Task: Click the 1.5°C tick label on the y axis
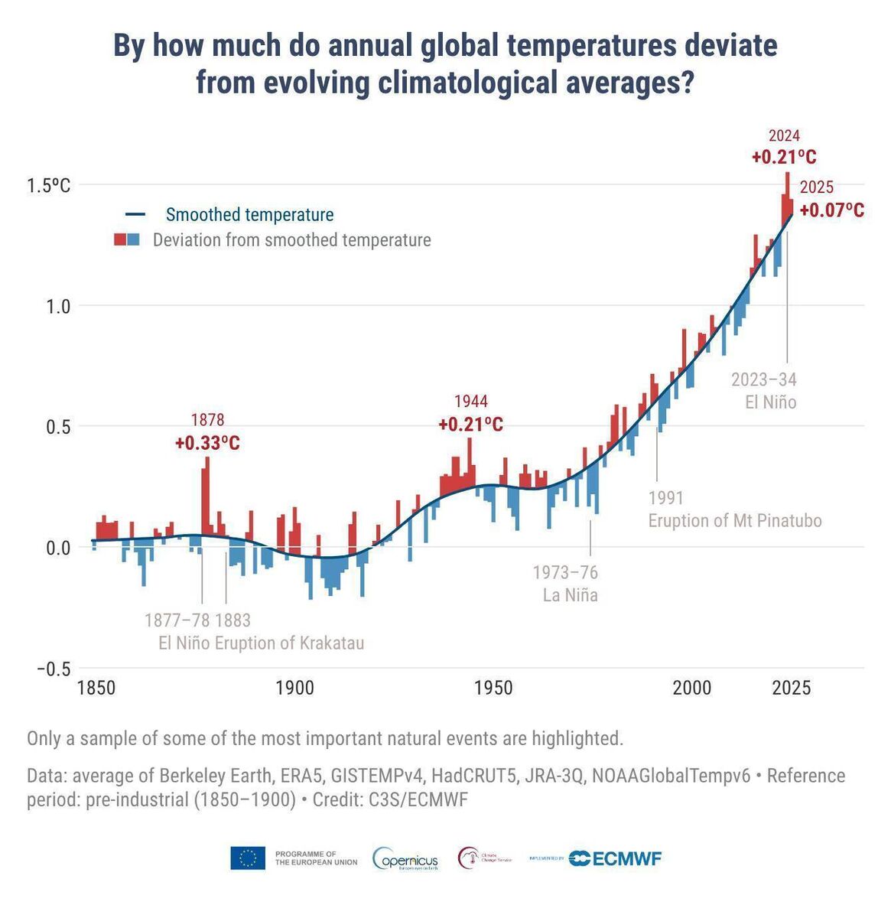coord(48,186)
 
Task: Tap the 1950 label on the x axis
coord(493,688)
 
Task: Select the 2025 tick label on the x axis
coord(791,688)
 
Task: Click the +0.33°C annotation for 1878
coord(207,443)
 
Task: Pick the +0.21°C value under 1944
coord(470,425)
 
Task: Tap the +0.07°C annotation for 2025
coord(832,210)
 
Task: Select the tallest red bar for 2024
coord(787,184)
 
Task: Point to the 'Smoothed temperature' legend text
coord(249,215)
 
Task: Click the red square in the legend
coord(120,240)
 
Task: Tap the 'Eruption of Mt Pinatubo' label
coord(735,521)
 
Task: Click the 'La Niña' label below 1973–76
coord(570,594)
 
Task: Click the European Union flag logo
coord(248,858)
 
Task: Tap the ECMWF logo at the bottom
coord(616,858)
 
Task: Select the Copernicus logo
coord(405,858)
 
